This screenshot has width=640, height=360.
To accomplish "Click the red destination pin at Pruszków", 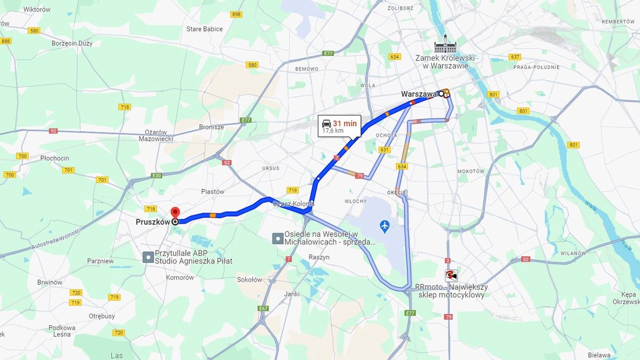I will click(175, 212).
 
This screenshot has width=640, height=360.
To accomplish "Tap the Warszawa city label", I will click(419, 94).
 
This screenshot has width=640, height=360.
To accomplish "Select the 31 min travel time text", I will click(345, 123).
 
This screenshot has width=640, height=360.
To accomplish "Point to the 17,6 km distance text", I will click(333, 131).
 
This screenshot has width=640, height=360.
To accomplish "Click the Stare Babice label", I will click(205, 29).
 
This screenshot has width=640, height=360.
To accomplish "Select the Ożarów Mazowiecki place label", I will click(156, 135).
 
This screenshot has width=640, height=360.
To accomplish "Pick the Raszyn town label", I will click(319, 257).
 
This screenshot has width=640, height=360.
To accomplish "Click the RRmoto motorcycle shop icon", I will click(451, 275).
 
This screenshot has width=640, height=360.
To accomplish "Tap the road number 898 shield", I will click(236, 14).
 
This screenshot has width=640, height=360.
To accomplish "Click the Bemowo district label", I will click(307, 69).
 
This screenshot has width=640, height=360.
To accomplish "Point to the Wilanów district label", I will click(574, 254).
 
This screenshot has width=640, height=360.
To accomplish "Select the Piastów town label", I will click(213, 191).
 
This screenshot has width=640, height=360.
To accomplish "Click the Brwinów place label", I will click(50, 282).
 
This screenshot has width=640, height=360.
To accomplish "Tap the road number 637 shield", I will click(515, 57).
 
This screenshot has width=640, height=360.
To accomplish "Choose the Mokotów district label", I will click(470, 171).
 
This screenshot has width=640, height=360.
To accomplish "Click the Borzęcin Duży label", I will click(72, 43).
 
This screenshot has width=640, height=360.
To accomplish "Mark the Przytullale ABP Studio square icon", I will click(148, 258).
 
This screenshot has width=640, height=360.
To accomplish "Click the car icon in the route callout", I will click(326, 123).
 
